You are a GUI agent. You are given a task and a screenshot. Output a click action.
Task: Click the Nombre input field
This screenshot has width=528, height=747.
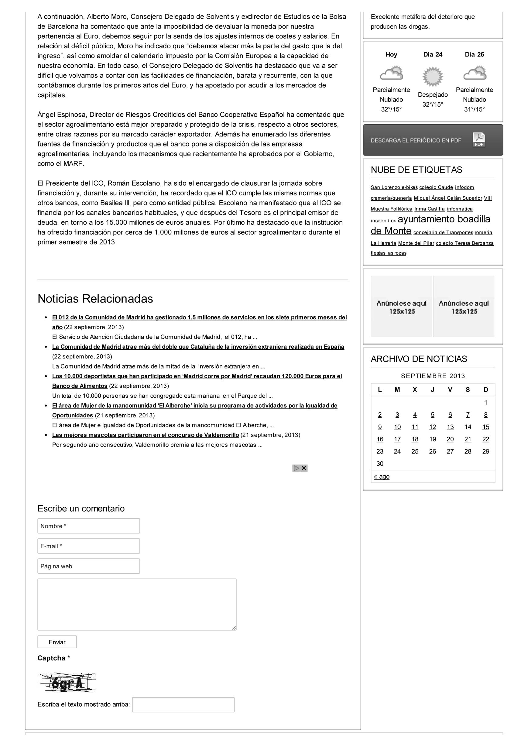(88, 526)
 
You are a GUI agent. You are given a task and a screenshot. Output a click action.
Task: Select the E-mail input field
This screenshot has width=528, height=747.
(88, 546)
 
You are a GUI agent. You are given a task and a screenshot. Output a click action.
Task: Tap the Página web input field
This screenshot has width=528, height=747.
(88, 566)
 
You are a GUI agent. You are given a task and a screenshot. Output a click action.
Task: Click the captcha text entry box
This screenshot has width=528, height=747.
(183, 705)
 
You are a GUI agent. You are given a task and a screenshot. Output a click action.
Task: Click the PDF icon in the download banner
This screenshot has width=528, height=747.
(478, 140)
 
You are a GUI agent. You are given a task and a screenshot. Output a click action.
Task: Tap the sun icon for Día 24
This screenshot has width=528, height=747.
(433, 77)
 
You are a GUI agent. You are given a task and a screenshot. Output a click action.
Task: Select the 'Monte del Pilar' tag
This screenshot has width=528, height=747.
(416, 243)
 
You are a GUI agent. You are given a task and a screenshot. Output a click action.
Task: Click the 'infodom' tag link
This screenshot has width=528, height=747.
(464, 187)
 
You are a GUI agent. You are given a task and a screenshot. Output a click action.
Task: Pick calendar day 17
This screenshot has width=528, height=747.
(397, 439)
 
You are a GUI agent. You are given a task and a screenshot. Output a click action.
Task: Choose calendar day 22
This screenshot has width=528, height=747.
(485, 439)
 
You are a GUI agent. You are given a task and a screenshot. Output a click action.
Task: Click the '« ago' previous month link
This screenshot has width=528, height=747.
(382, 476)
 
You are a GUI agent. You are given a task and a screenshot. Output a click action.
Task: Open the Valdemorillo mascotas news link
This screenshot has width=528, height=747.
(146, 435)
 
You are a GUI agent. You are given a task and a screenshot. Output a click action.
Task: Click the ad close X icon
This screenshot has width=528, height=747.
(304, 468)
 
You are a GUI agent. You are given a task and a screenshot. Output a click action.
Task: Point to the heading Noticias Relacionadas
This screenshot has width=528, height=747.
(95, 299)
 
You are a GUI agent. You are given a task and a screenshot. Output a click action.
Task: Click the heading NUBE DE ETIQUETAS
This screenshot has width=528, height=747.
(417, 170)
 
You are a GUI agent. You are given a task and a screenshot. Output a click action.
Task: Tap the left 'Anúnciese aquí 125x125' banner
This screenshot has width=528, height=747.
(401, 307)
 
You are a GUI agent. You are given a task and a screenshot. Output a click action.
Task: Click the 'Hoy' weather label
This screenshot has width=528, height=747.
(391, 54)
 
